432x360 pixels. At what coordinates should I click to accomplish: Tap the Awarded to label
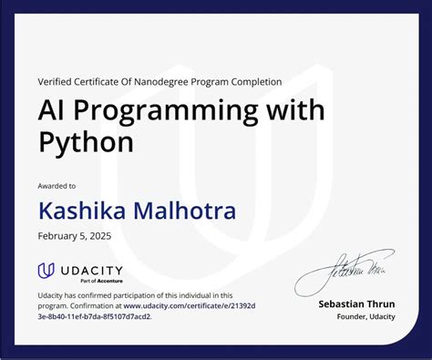point(57,186)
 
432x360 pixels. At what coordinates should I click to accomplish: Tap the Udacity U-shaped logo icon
point(46,271)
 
